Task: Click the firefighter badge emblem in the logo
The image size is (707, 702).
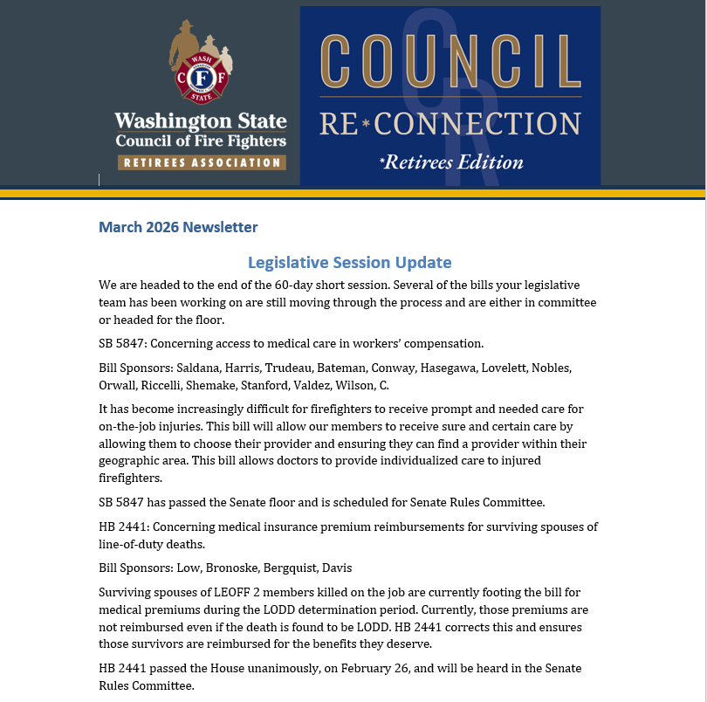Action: pyautogui.click(x=202, y=80)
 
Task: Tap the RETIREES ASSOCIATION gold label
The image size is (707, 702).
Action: pyautogui.click(x=202, y=162)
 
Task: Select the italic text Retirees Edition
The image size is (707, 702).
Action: pyautogui.click(x=451, y=162)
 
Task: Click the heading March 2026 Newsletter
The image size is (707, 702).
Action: pyautogui.click(x=178, y=227)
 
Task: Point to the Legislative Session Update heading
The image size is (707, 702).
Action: pyautogui.click(x=349, y=262)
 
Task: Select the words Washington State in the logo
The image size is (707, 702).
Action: pyautogui.click(x=201, y=120)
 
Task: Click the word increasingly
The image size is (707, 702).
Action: pyautogui.click(x=220, y=409)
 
